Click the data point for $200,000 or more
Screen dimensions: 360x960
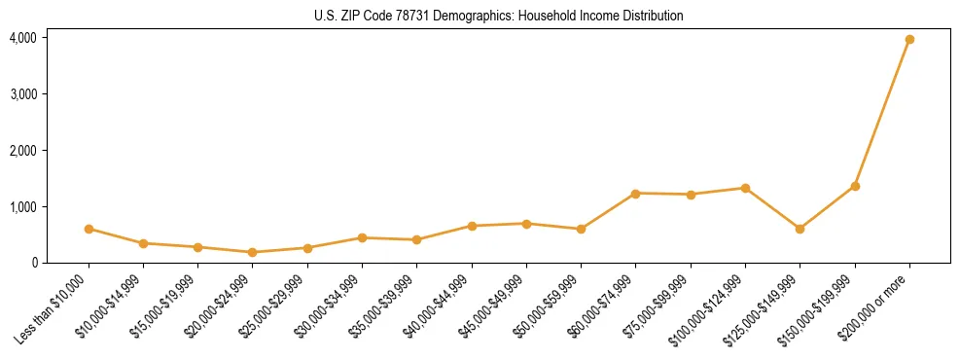[909, 40]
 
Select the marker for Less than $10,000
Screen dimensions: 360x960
[89, 229]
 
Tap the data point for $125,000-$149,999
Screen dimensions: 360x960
[800, 229]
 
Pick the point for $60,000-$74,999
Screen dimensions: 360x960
[635, 194]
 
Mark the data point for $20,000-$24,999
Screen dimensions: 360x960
[253, 252]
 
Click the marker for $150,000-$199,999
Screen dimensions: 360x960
[855, 186]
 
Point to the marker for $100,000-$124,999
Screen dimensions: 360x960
[745, 188]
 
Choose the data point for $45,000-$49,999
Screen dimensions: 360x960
[526, 224]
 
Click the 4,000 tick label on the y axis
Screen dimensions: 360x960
[23, 38]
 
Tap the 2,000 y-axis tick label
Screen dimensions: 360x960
[23, 151]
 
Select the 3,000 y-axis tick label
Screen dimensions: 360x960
[23, 94]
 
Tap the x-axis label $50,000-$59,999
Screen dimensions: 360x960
[549, 306]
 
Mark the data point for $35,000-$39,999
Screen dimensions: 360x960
[416, 239]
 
